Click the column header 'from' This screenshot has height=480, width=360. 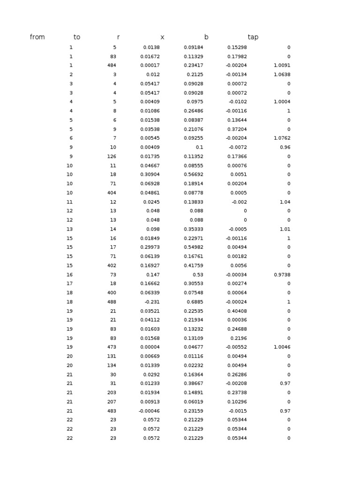click(37, 37)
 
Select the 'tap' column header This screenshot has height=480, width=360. click(253, 37)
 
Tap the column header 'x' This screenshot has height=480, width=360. click(162, 37)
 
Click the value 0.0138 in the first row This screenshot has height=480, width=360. click(151, 47)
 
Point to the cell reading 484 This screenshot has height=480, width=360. click(112, 66)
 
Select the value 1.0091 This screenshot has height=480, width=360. click(282, 66)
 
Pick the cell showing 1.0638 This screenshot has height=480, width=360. click(282, 75)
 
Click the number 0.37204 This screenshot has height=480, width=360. click(237, 129)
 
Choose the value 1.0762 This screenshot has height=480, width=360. click(282, 138)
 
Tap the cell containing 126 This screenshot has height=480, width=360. click(112, 157)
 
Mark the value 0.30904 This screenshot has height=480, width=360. click(150, 174)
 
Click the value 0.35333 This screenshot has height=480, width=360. click(194, 229)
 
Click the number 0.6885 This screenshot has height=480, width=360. click(195, 302)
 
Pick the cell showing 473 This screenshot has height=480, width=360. click(112, 347)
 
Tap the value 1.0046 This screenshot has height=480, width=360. click(282, 347)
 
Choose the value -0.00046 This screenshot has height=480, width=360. click(149, 411)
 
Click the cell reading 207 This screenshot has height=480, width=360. click(112, 402)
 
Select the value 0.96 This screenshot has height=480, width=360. click(285, 147)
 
